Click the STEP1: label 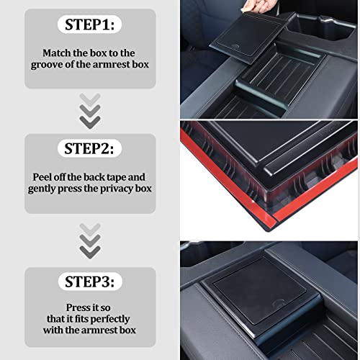click(x=90, y=25)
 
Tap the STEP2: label click(x=90, y=150)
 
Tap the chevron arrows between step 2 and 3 click(x=90, y=240)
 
